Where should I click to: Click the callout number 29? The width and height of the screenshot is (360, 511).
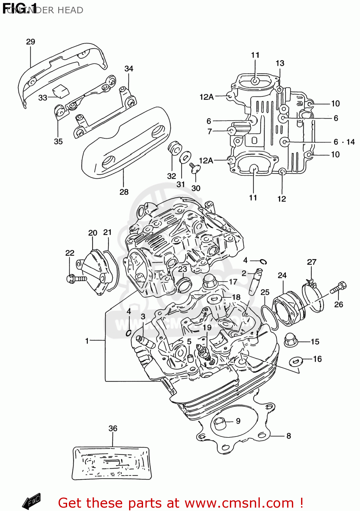pyautogui.click(x=31, y=42)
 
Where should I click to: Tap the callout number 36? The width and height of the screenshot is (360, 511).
pyautogui.click(x=113, y=428)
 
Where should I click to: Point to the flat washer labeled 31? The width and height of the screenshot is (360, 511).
pyautogui.click(x=185, y=158)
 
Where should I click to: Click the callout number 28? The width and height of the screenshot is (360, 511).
pyautogui.click(x=124, y=192)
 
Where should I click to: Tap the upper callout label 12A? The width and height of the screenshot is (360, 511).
pyautogui.click(x=206, y=97)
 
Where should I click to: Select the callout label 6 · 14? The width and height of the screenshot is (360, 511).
pyautogui.click(x=344, y=142)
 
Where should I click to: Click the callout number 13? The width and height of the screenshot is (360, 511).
pyautogui.click(x=280, y=63)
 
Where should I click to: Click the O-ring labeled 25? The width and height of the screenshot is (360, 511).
pyautogui.click(x=269, y=317)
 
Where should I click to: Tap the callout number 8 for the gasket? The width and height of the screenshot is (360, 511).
pyautogui.click(x=288, y=436)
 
